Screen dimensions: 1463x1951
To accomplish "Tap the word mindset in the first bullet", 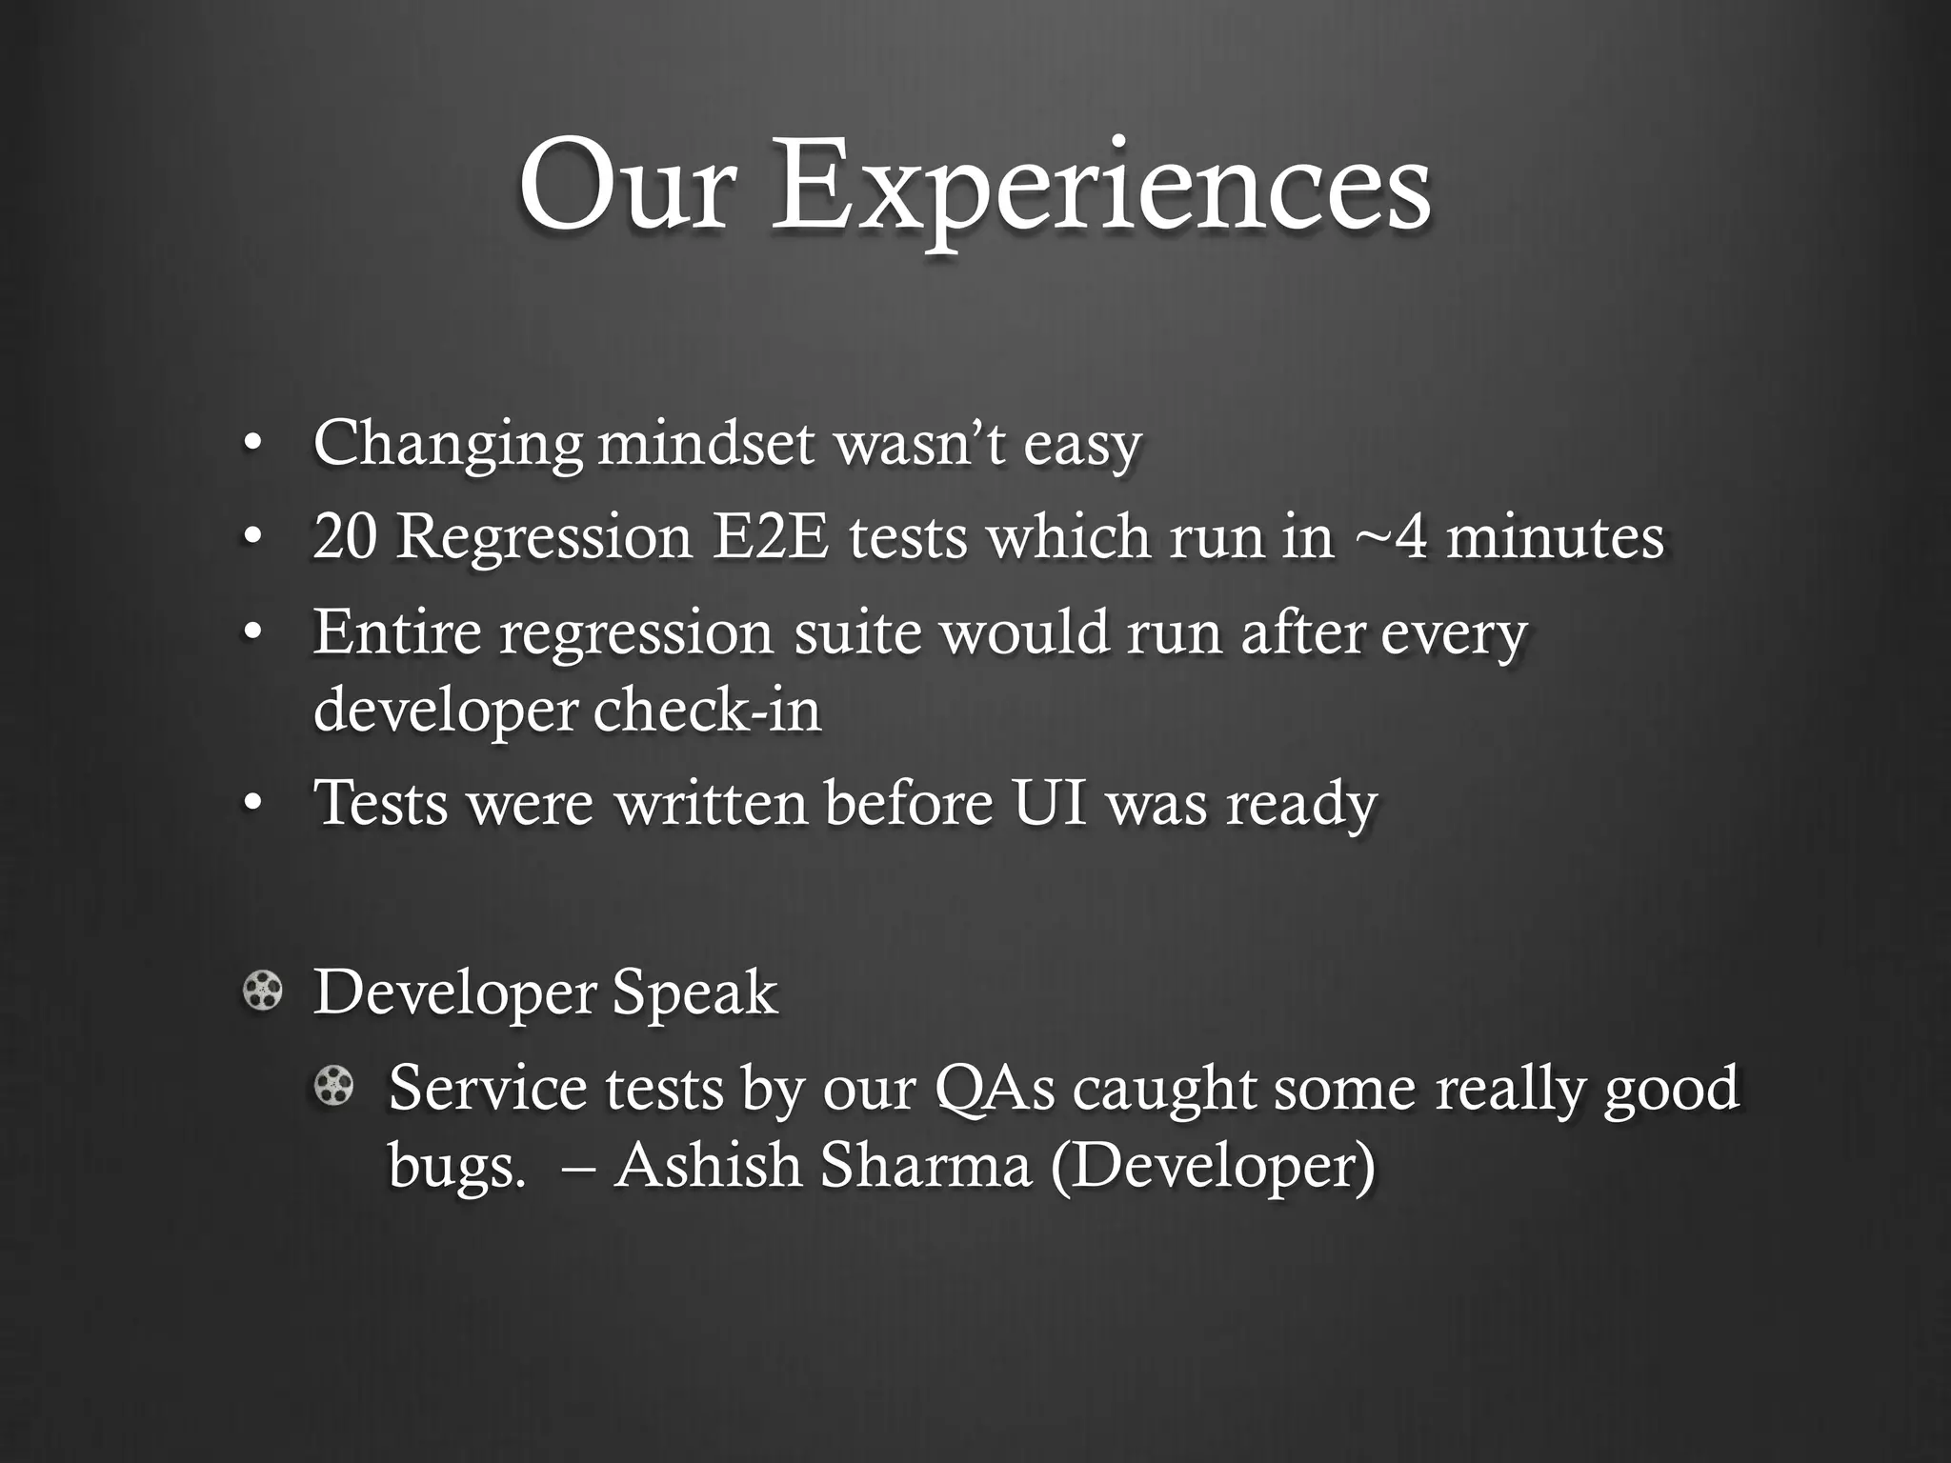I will click(x=706, y=445).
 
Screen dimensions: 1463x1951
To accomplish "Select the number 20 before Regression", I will click(x=344, y=536).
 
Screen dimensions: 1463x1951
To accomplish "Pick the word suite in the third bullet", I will click(x=857, y=631).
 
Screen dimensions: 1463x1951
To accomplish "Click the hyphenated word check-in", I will click(x=707, y=710).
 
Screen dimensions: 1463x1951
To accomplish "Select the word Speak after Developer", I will click(x=694, y=992).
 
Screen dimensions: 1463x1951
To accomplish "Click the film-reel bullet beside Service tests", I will click(x=334, y=1086).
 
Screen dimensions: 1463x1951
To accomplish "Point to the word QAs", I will click(x=996, y=1088).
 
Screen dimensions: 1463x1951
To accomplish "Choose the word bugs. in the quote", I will click(x=456, y=1166).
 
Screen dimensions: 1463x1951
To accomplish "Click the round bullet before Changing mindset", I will click(x=251, y=443).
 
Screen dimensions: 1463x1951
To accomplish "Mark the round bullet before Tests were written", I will click(x=251, y=803).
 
